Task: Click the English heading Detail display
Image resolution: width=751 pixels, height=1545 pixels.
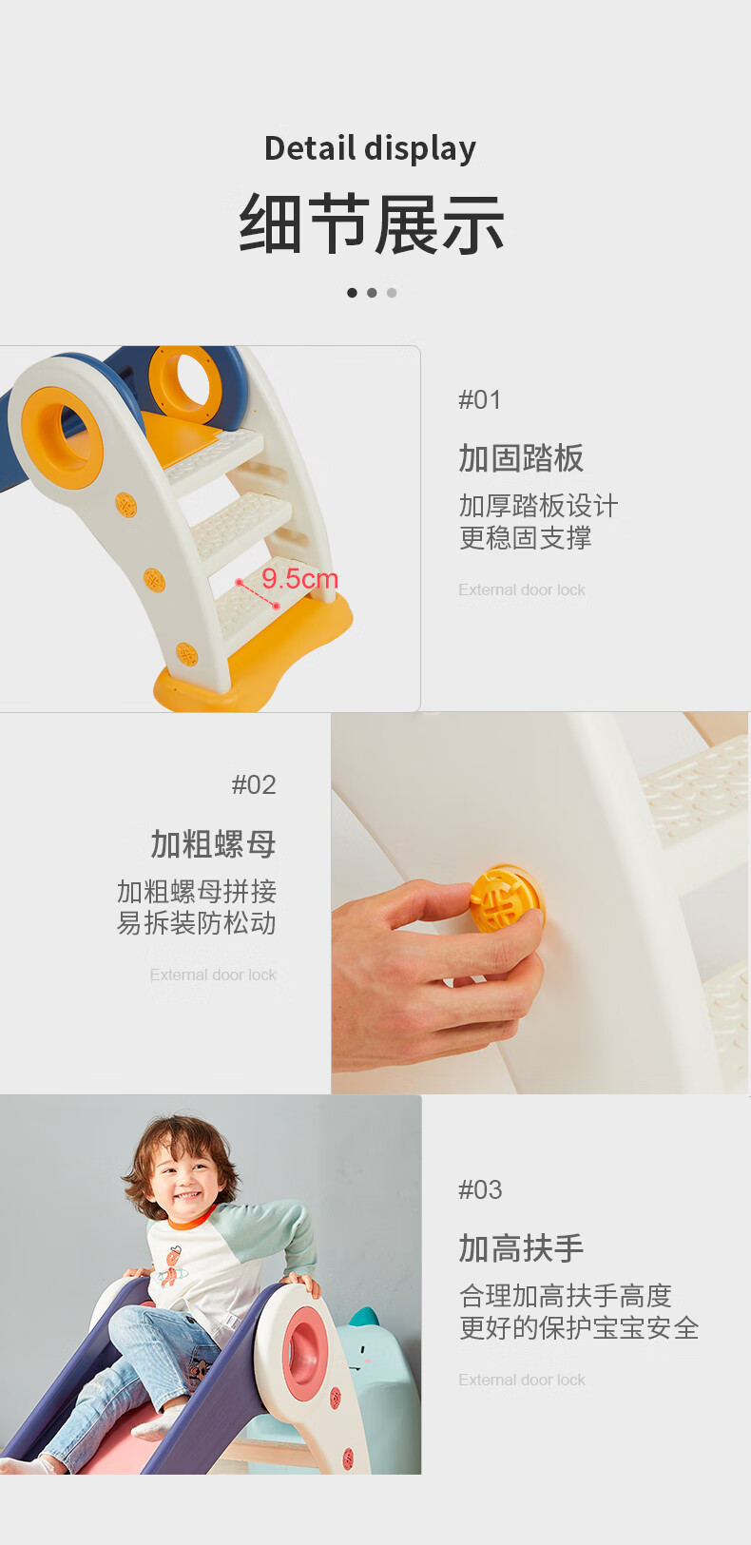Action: (x=370, y=148)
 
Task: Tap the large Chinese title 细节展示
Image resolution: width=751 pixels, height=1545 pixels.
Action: (x=372, y=224)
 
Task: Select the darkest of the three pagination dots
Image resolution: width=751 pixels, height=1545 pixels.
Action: (x=352, y=293)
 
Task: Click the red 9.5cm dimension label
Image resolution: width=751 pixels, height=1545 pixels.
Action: (x=299, y=578)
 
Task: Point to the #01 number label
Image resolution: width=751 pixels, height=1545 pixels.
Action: (x=479, y=399)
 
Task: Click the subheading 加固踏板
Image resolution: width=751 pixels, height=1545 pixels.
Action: (x=521, y=458)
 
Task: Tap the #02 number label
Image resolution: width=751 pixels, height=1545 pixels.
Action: (x=254, y=784)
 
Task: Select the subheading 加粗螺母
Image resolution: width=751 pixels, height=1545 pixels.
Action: (x=213, y=844)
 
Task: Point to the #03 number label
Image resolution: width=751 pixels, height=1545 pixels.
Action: (x=479, y=1189)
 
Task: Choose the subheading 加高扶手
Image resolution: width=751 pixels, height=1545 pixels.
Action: (x=521, y=1248)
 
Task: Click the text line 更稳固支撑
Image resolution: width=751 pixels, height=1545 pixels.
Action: (x=525, y=538)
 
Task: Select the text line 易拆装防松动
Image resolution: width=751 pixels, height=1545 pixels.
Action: (x=196, y=923)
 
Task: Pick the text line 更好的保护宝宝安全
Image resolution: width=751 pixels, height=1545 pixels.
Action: (x=579, y=1328)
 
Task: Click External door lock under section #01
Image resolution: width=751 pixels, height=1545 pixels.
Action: (x=521, y=589)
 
